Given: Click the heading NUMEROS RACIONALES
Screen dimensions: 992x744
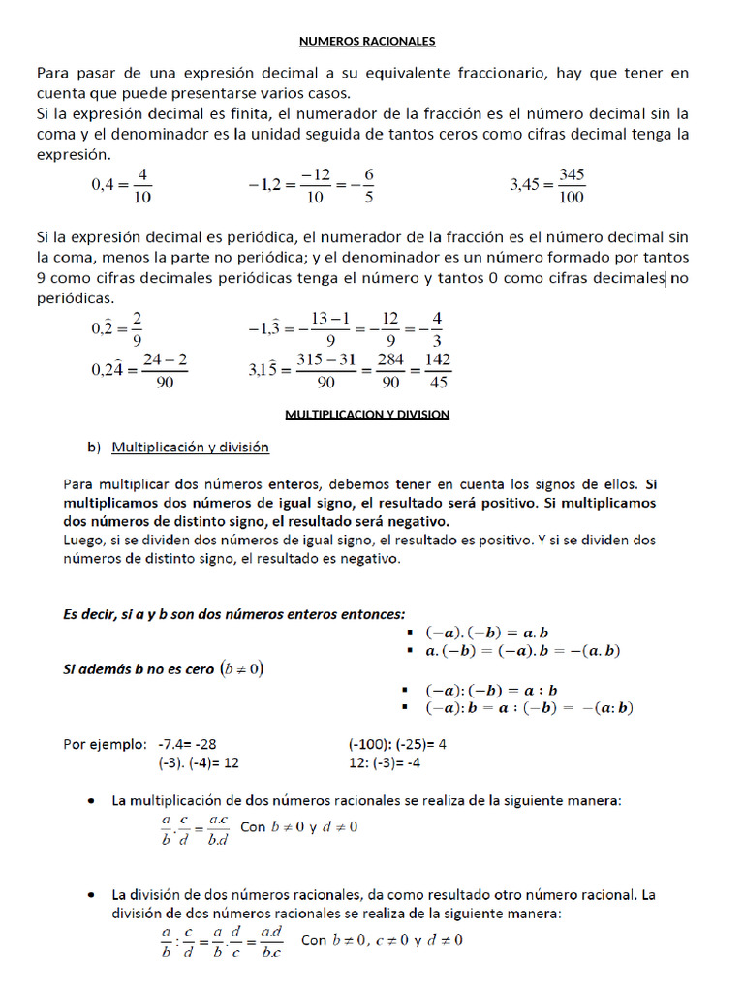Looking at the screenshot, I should [x=367, y=41].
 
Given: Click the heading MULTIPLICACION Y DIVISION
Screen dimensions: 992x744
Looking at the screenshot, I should [x=367, y=414].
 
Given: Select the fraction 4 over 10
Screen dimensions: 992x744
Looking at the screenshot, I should [x=142, y=185].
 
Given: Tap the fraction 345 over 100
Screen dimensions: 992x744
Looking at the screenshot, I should [x=573, y=185].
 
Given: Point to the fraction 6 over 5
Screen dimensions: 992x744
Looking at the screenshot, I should [x=369, y=185].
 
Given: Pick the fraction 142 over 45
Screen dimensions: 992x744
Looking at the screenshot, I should [x=438, y=370].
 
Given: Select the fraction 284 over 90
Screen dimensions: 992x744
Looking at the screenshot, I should [x=387, y=370].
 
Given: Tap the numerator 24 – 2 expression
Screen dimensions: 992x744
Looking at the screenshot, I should [x=165, y=359].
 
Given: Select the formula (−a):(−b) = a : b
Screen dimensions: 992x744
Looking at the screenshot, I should [x=492, y=691].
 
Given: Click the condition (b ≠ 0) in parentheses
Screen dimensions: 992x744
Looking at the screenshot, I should [x=242, y=668].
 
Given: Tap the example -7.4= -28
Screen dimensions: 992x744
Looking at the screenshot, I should [x=187, y=744].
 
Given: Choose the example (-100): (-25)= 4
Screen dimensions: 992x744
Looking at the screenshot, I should [x=396, y=744].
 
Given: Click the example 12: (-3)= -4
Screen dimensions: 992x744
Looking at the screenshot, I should [x=385, y=762].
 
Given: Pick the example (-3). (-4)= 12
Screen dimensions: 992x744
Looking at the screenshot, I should [x=198, y=762].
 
